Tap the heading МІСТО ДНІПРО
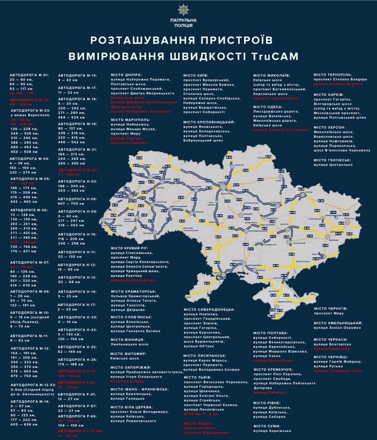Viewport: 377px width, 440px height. point(126,74)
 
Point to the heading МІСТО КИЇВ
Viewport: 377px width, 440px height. point(196,75)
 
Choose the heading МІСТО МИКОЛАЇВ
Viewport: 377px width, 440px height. point(272,74)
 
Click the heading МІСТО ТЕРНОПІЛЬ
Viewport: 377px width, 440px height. point(333,74)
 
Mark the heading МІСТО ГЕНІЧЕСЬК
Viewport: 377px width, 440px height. point(333,160)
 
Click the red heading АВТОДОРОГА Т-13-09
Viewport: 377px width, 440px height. point(80,431)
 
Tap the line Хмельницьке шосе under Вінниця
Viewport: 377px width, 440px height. point(129,344)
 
